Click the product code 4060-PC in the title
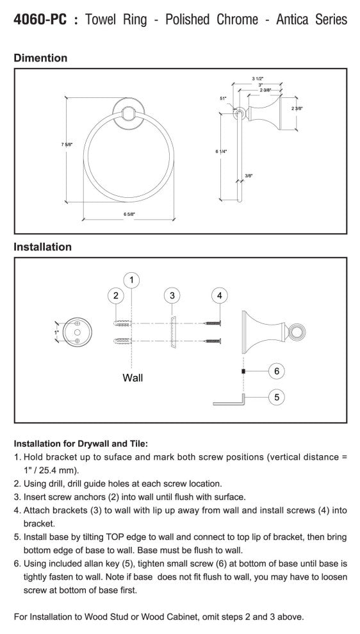pyautogui.click(x=40, y=19)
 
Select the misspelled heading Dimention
pyautogui.click(x=40, y=58)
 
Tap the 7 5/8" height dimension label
pyautogui.click(x=67, y=144)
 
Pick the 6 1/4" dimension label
pyautogui.click(x=221, y=151)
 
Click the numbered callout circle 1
pyautogui.click(x=132, y=280)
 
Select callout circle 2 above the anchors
pyautogui.click(x=116, y=296)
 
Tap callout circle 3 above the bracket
pyautogui.click(x=172, y=296)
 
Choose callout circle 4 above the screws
pyautogui.click(x=220, y=296)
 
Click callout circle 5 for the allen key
pyautogui.click(x=277, y=397)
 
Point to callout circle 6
pyautogui.click(x=277, y=371)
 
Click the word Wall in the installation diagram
pyautogui.click(x=133, y=378)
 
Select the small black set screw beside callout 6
pyautogui.click(x=243, y=371)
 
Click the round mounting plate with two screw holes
pyautogui.click(x=78, y=332)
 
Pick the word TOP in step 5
pyautogui.click(x=117, y=537)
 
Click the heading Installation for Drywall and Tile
pyautogui.click(x=81, y=444)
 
